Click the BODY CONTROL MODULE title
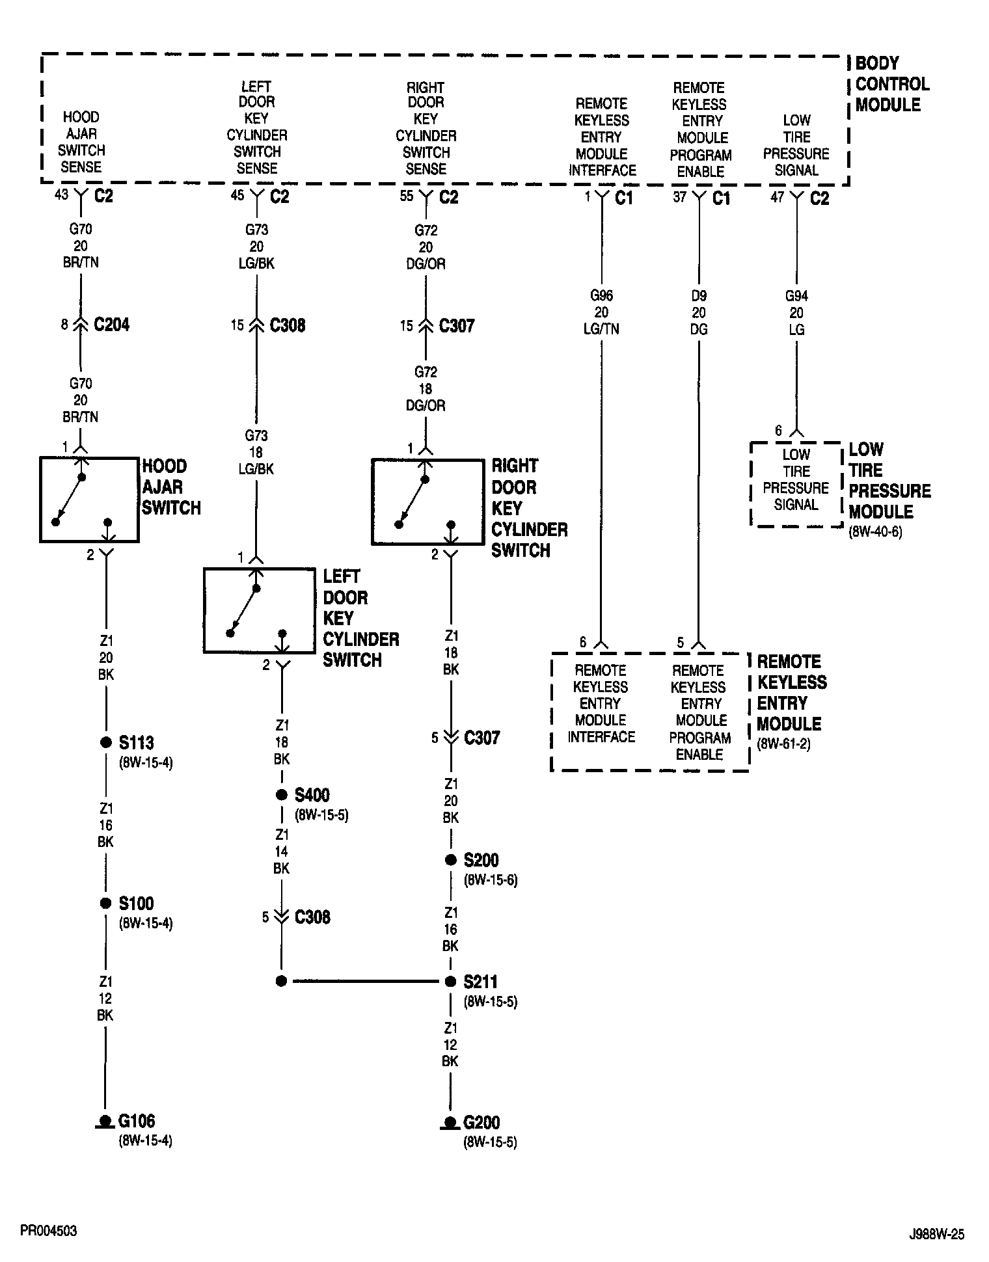click(891, 84)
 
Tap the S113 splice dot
click(105, 742)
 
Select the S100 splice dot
click(105, 903)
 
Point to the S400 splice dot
click(281, 795)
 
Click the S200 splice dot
click(450, 860)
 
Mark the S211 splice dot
click(450, 981)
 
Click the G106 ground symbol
click(104, 1121)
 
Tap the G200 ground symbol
click(449, 1123)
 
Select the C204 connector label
click(111, 325)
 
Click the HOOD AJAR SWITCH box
click(89, 500)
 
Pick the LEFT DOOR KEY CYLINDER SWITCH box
click(259, 610)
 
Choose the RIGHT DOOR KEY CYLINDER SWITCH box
click(427, 502)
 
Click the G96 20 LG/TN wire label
click(601, 312)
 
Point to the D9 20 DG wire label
click(698, 312)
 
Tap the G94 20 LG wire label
click(796, 312)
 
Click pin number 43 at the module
click(61, 195)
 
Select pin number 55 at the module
click(406, 195)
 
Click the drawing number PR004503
click(49, 1231)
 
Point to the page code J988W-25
click(937, 1235)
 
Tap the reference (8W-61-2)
click(783, 744)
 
